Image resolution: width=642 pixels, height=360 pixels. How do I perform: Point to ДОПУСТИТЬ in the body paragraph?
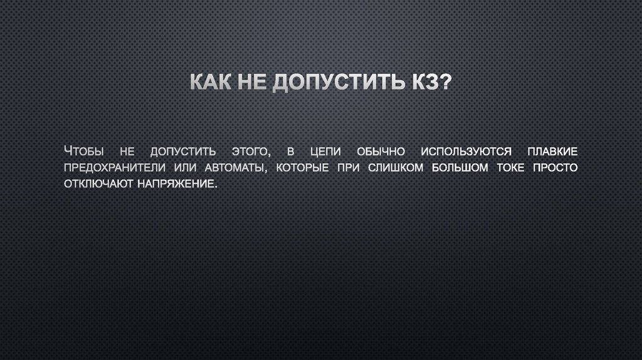(x=183, y=152)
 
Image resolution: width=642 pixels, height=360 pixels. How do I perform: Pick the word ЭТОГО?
(x=250, y=152)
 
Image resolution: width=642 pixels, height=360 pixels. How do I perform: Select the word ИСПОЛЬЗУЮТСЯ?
(x=466, y=152)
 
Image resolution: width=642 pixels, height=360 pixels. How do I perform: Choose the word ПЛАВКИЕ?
(x=552, y=152)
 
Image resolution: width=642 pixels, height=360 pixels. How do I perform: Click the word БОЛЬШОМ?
(x=455, y=168)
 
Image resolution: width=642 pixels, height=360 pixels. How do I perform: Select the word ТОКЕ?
(x=507, y=168)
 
